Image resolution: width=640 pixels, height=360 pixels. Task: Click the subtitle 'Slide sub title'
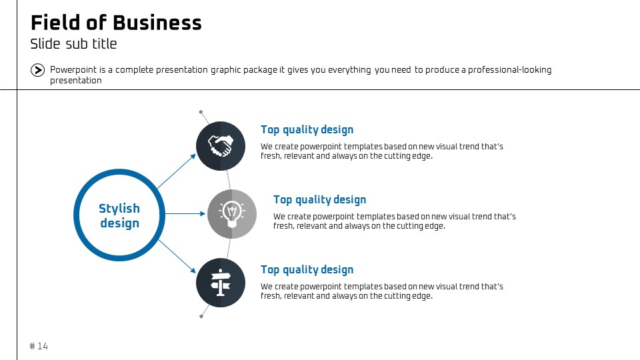[73, 44]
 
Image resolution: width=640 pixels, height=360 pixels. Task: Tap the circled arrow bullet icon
[37, 70]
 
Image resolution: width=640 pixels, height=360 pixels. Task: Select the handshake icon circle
[221, 146]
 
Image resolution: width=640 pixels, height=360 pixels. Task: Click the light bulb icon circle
[232, 214]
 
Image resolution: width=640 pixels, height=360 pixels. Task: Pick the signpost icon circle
[221, 283]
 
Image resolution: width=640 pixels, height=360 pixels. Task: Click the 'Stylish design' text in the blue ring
[119, 215]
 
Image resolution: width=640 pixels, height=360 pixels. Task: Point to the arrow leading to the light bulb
[185, 213]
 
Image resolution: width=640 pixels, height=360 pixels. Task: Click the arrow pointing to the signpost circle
[177, 256]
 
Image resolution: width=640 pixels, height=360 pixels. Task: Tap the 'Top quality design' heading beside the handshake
[307, 130]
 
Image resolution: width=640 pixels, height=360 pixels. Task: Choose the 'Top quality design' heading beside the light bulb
[319, 199]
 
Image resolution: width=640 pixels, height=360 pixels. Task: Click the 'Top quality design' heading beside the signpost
[307, 270]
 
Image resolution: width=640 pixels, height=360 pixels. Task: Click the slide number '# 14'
[39, 346]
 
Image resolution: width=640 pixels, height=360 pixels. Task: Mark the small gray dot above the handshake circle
[201, 112]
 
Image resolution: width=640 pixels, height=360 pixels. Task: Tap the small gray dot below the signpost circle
[201, 316]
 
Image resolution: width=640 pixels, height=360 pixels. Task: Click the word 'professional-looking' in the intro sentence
[510, 70]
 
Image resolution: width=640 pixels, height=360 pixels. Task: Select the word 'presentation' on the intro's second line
[76, 81]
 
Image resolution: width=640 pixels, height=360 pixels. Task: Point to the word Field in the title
[55, 23]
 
